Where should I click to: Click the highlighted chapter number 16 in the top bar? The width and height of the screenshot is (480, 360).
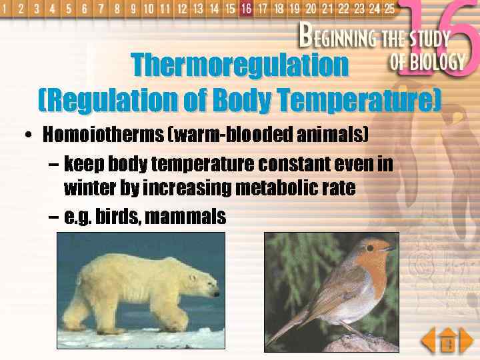point(247,9)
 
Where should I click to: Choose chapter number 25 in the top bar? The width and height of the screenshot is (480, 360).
point(390,9)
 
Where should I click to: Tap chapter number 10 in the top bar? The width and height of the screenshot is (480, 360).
point(148,9)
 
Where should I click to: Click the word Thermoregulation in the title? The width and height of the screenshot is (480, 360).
point(239,65)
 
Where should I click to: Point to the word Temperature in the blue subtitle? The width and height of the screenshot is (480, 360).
point(360,101)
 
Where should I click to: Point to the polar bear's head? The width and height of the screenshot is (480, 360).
point(203,285)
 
